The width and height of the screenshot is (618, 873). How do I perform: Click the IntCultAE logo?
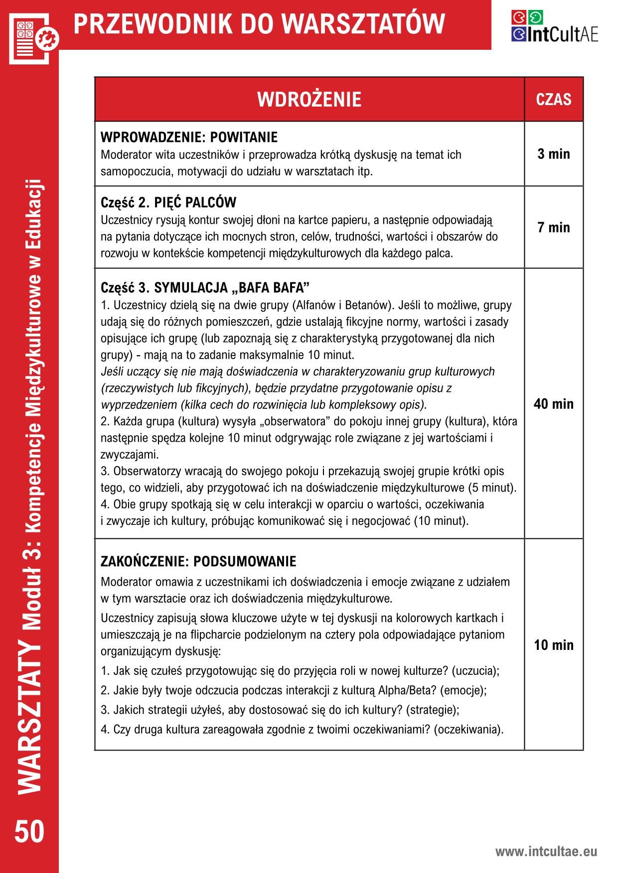coord(554,27)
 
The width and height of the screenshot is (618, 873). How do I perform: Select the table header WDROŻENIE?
coord(309,100)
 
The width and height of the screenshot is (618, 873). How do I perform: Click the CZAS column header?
coord(553,100)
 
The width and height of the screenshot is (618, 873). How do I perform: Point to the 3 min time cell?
coord(553,154)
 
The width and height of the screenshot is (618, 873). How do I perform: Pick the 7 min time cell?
coord(553,228)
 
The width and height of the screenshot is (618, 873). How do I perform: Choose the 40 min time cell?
coord(553,403)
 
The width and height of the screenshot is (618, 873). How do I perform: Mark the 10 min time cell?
coord(553,645)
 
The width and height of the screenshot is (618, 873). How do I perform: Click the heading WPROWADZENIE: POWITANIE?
coord(189,137)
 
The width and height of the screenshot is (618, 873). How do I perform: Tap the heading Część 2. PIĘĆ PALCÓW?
coord(168,203)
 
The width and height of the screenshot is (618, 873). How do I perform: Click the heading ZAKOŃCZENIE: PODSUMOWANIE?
coord(198,562)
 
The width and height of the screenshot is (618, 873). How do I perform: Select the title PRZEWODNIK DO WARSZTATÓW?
coord(259,24)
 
